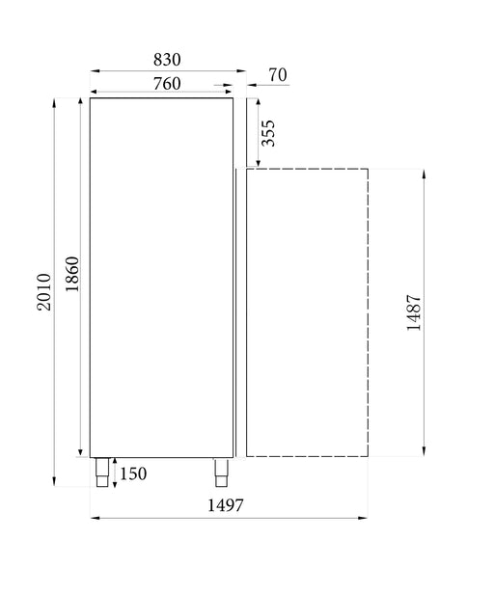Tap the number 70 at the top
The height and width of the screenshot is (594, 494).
tap(277, 74)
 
